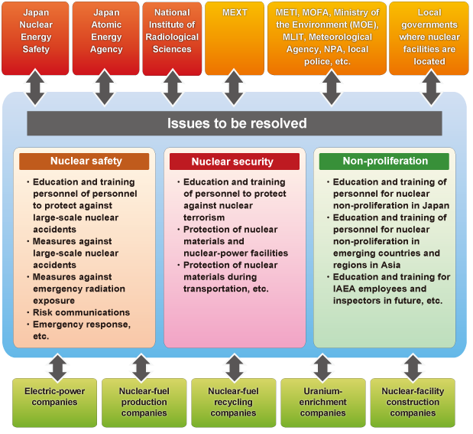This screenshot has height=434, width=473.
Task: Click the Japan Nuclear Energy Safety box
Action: click(x=35, y=38)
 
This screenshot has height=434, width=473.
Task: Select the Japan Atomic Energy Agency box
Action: click(x=106, y=38)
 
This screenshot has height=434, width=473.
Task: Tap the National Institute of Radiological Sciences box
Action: click(x=172, y=39)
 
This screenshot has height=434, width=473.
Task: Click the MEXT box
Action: click(x=235, y=38)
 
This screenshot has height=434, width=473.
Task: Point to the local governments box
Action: click(x=429, y=38)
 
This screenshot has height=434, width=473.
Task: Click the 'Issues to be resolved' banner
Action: click(x=235, y=123)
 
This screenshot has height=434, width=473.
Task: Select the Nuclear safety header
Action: click(x=84, y=162)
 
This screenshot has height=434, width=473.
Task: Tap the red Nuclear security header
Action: click(x=235, y=162)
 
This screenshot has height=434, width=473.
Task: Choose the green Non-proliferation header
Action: click(x=384, y=162)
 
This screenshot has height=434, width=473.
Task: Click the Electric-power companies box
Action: click(x=54, y=403)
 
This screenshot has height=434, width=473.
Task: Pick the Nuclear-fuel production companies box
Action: click(x=144, y=403)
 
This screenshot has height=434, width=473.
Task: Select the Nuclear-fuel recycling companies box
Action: click(x=234, y=403)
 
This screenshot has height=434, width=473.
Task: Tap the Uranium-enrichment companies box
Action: click(x=323, y=403)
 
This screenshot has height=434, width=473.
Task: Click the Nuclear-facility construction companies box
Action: click(x=413, y=403)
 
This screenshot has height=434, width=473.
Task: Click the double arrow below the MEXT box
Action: click(x=234, y=88)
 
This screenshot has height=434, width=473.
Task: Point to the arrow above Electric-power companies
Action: click(x=57, y=368)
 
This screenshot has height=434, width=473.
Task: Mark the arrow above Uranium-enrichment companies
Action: click(x=322, y=368)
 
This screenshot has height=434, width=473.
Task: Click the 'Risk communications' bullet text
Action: click(x=81, y=312)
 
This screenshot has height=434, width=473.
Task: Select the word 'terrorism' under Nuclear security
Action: click(x=204, y=217)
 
